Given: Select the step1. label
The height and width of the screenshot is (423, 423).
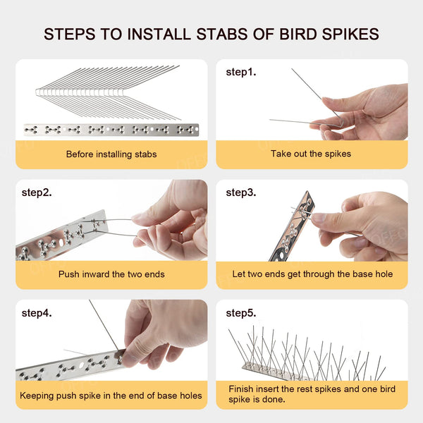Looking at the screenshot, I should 240,72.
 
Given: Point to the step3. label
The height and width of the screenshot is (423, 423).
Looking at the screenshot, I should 241,192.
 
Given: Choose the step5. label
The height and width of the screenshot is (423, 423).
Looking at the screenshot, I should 241,312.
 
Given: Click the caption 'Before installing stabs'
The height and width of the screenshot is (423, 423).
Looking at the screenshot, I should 111,154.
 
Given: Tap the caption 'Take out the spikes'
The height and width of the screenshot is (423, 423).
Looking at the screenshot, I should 311,154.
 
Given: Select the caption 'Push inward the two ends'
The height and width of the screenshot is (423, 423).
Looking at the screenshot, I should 111,274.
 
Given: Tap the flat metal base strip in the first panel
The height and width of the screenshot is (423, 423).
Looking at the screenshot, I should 111,130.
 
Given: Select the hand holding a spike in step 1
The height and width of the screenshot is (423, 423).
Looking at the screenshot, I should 367,113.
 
